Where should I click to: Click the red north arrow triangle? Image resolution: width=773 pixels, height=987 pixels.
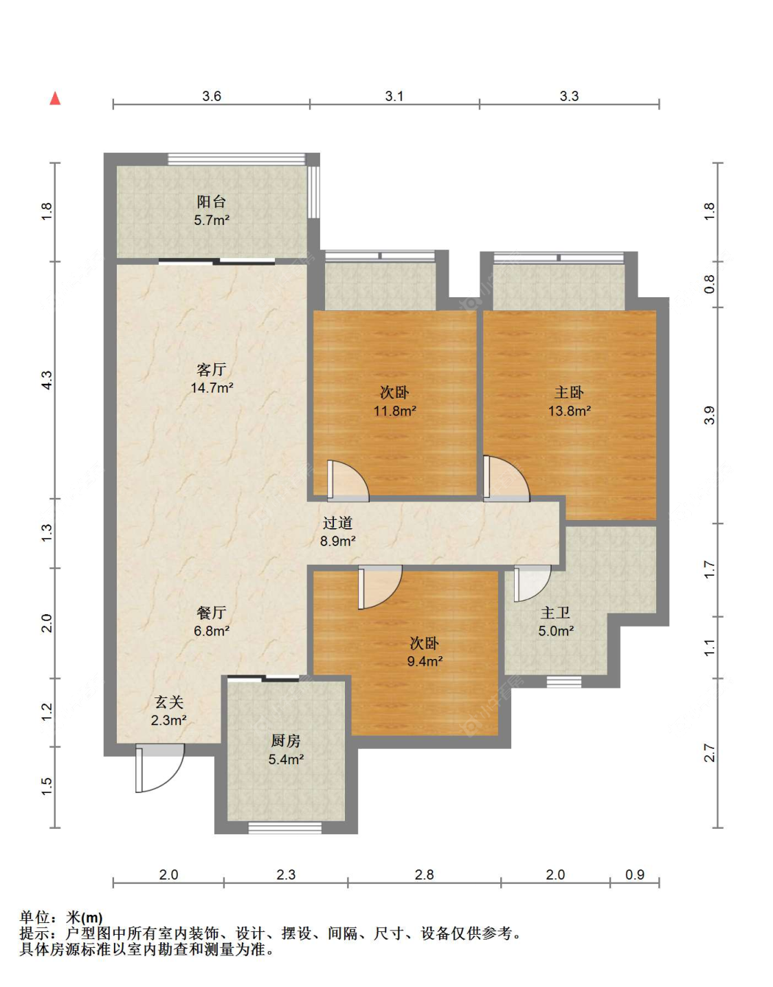pos(55,98)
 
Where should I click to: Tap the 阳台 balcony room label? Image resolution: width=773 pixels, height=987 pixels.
pos(211,202)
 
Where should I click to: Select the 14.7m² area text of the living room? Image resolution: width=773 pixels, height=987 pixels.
pos(212,388)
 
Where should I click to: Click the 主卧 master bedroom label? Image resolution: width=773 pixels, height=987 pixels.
pos(569,393)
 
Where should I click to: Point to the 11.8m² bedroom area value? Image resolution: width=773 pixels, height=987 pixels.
pos(394,411)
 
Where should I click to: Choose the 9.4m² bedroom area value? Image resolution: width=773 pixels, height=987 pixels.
pos(425,662)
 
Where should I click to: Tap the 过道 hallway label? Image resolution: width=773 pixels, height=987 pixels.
pos(337,523)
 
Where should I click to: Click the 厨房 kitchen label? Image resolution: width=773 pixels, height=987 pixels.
pos(286,741)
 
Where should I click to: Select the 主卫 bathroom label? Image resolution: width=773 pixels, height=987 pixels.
pos(555,613)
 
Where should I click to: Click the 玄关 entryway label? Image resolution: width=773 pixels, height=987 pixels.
pos(169,702)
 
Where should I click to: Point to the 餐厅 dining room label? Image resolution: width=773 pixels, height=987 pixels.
pos(211,612)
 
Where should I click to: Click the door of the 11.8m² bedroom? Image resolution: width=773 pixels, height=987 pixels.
pos(347,480)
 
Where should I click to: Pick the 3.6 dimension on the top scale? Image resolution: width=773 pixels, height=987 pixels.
pos(212,96)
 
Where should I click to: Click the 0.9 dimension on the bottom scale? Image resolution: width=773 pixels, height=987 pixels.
pos(634,874)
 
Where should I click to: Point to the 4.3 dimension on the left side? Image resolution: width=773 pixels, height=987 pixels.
pos(47,380)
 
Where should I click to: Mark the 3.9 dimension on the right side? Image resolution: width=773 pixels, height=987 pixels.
pos(709,415)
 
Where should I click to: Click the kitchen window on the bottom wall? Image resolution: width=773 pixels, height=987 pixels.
pos(284,827)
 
